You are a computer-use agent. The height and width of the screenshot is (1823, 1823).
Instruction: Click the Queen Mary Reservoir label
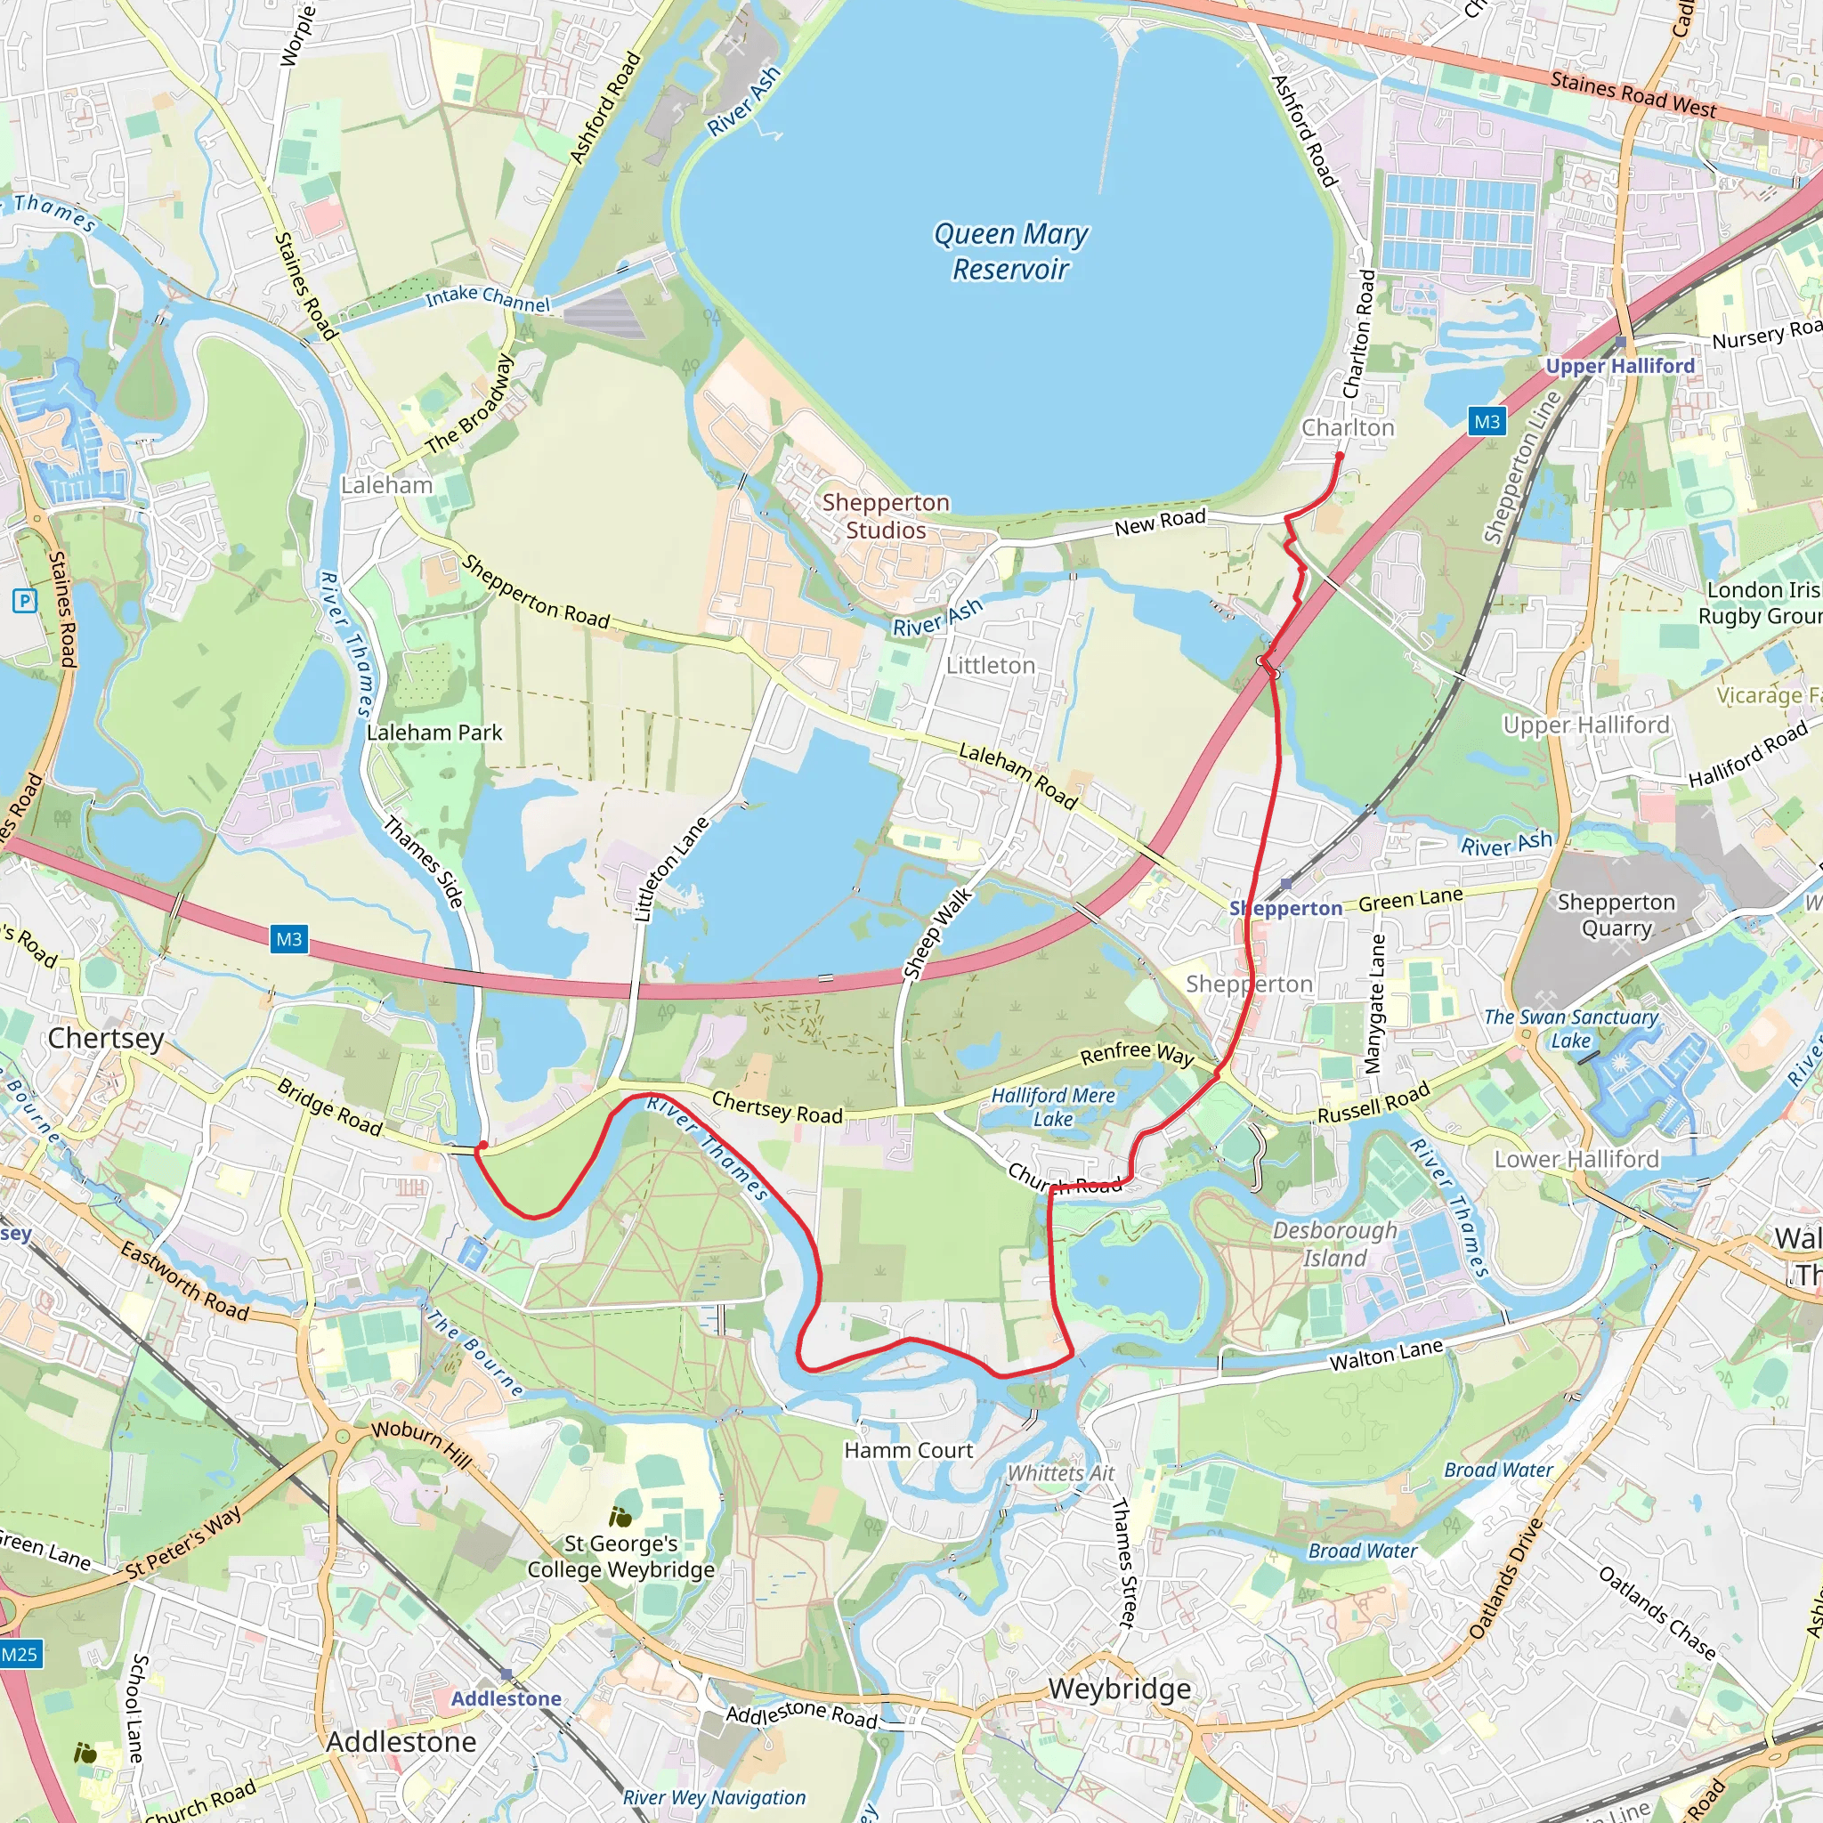point(1010,251)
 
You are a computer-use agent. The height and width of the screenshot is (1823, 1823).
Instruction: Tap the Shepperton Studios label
point(885,516)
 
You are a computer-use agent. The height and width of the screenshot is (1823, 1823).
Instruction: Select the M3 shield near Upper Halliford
point(1487,422)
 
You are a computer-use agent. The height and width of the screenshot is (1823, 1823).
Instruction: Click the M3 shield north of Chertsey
point(288,939)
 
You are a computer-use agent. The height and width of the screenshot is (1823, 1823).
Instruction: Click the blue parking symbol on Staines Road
point(24,600)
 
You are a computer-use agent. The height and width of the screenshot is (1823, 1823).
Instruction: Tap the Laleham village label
point(387,485)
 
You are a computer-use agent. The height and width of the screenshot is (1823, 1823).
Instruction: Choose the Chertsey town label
point(106,1038)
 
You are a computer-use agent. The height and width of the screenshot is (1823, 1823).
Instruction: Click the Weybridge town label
point(1119,1688)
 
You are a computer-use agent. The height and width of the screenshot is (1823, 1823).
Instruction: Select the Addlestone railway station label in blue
point(506,1698)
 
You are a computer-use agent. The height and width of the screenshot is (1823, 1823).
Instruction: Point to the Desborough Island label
point(1334,1244)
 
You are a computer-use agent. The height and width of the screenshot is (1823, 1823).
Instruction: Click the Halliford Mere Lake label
point(1053,1106)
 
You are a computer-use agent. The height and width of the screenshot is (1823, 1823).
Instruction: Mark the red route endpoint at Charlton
point(1339,456)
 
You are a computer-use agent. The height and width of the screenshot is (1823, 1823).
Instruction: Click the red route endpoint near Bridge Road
point(482,1146)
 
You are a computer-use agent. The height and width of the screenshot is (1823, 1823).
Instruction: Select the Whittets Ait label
point(1060,1473)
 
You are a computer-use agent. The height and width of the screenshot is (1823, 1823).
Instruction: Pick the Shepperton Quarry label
point(1616,915)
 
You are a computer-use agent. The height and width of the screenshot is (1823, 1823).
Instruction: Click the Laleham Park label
point(434,733)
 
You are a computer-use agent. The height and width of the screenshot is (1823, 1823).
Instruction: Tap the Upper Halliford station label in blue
point(1619,365)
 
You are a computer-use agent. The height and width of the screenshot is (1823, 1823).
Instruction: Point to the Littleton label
point(991,665)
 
